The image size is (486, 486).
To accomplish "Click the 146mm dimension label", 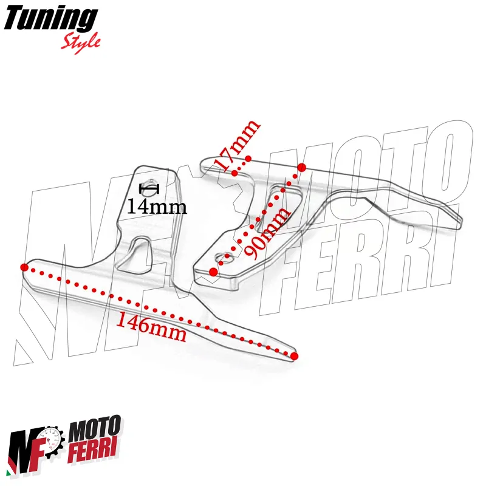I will (151, 327).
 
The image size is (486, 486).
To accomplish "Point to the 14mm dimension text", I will (157, 207).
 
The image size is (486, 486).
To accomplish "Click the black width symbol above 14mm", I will (149, 188).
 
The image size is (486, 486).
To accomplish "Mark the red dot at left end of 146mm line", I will (24, 267).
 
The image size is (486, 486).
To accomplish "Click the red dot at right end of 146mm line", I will (294, 356).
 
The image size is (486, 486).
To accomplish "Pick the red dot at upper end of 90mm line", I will (301, 167).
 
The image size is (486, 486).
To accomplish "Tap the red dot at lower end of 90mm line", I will (213, 272).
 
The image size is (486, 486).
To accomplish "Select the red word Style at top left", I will (81, 41).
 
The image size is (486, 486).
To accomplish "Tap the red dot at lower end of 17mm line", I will (235, 172).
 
